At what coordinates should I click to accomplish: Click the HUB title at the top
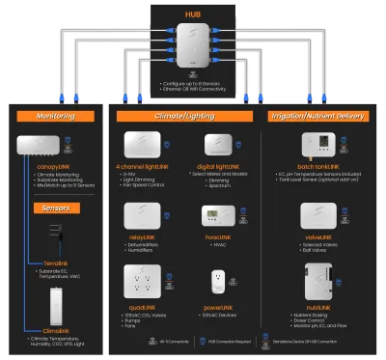(x=194, y=15)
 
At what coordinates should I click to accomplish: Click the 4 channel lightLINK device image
(x=147, y=145)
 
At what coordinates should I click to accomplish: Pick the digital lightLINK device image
(x=219, y=145)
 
